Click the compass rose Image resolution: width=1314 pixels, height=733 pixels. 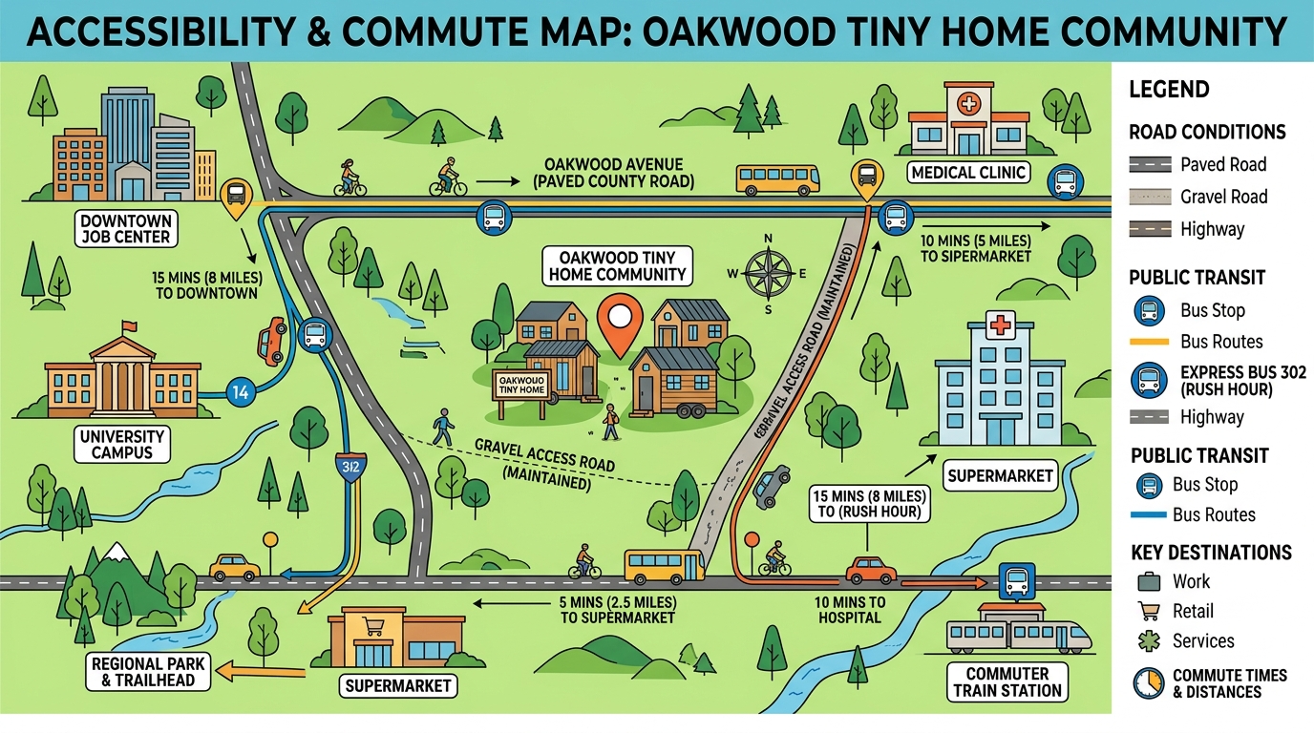(x=767, y=273)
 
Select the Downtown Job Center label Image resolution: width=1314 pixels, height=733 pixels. (x=125, y=229)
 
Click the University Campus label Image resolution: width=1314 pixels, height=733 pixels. (x=122, y=444)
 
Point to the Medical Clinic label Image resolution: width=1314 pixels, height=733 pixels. (x=968, y=173)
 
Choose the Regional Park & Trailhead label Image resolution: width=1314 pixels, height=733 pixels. (x=143, y=671)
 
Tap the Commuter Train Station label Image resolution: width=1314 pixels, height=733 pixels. (x=1007, y=681)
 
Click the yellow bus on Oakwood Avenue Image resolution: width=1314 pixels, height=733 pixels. (x=777, y=178)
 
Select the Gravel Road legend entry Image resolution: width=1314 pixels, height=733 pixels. (x=1223, y=197)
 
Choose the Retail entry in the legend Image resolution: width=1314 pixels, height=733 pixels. (x=1193, y=611)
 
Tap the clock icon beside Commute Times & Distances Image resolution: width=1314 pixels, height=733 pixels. (x=1147, y=682)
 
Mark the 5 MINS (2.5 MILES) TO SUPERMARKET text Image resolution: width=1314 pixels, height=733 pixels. (x=617, y=610)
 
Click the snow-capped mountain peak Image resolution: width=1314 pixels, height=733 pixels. (x=117, y=552)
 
